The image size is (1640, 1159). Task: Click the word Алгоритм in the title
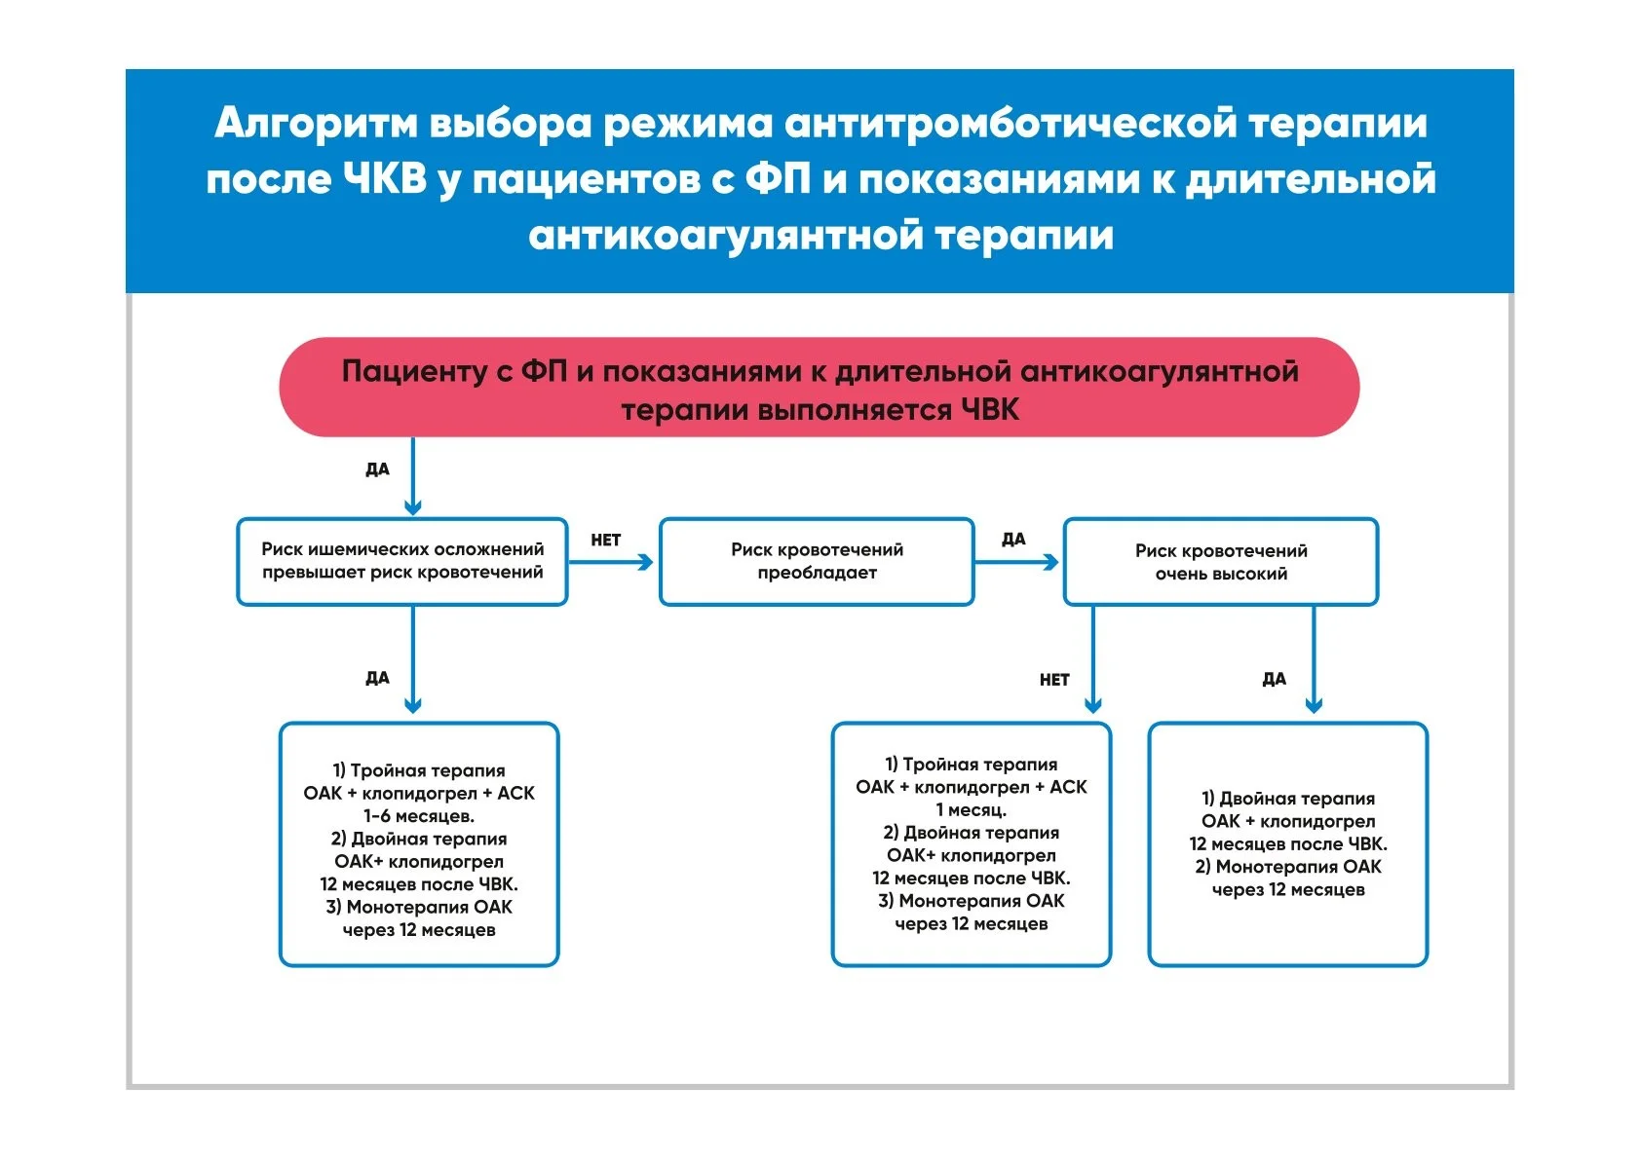pyautogui.click(x=317, y=123)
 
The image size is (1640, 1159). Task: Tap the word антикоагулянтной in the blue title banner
pyautogui.click(x=726, y=236)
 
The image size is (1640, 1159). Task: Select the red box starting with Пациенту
pyautogui.click(x=820, y=387)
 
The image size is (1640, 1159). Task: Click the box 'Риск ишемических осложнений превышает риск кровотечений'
pyautogui.click(x=401, y=562)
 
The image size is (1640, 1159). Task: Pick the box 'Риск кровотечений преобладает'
pyautogui.click(x=817, y=562)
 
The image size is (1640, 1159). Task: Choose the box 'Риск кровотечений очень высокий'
pyautogui.click(x=1221, y=562)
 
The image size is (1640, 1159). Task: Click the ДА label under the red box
pyautogui.click(x=377, y=469)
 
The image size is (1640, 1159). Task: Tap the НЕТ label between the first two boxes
pyautogui.click(x=605, y=540)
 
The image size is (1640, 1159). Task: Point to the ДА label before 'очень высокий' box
pyautogui.click(x=1013, y=540)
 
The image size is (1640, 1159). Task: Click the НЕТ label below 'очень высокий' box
pyautogui.click(x=1054, y=680)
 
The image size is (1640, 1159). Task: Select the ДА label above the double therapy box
pyautogui.click(x=1274, y=679)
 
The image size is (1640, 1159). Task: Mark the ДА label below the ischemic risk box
pyautogui.click(x=377, y=678)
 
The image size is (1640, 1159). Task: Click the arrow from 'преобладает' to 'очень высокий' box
pyautogui.click(x=1017, y=562)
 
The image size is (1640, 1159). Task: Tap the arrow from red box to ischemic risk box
pyautogui.click(x=413, y=476)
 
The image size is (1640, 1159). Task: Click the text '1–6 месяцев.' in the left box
pyautogui.click(x=419, y=816)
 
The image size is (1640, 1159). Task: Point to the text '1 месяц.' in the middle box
pyautogui.click(x=972, y=810)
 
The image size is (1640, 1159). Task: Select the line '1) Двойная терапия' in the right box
pyautogui.click(x=1288, y=799)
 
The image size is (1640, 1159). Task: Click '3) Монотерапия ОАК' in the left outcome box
pyautogui.click(x=419, y=908)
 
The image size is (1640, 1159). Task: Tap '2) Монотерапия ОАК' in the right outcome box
pyautogui.click(x=1288, y=867)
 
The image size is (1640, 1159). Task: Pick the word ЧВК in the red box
pyautogui.click(x=989, y=410)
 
